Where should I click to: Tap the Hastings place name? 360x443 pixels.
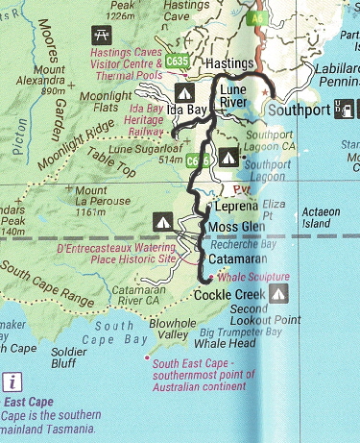click(x=228, y=62)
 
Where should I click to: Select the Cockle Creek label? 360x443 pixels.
click(x=226, y=294)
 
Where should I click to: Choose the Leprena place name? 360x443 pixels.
click(x=234, y=206)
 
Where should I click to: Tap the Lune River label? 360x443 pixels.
click(x=233, y=94)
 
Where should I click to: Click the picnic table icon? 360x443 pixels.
click(x=99, y=35)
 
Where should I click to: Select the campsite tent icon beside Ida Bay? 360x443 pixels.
click(x=183, y=92)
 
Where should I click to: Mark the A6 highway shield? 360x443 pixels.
click(x=257, y=17)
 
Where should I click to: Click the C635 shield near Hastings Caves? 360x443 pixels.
click(x=176, y=61)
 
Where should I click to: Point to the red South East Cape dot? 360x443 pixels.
click(x=146, y=359)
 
